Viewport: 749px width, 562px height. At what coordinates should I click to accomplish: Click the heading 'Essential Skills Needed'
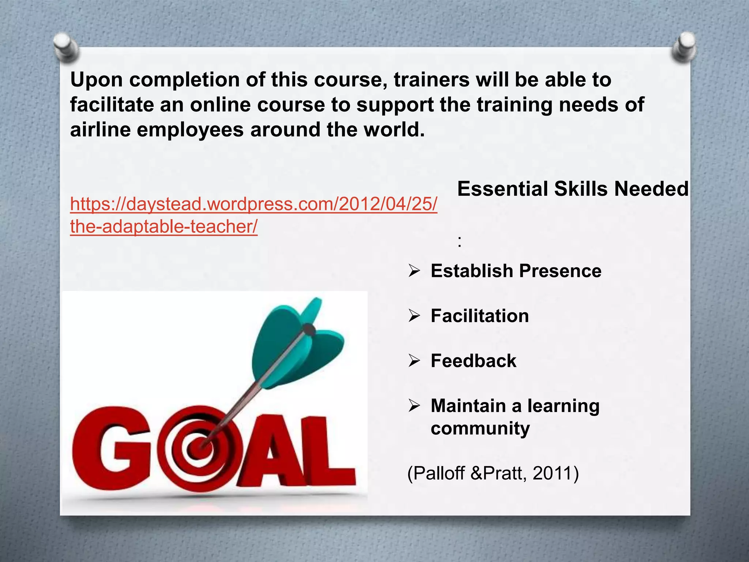pos(572,189)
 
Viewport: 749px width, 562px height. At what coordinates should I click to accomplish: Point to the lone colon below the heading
pos(459,241)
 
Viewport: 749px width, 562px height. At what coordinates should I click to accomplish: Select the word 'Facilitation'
pos(479,316)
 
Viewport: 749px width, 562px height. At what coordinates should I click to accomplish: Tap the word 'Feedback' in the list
pos(473,361)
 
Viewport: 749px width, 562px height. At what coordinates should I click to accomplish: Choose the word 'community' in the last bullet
pos(480,428)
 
